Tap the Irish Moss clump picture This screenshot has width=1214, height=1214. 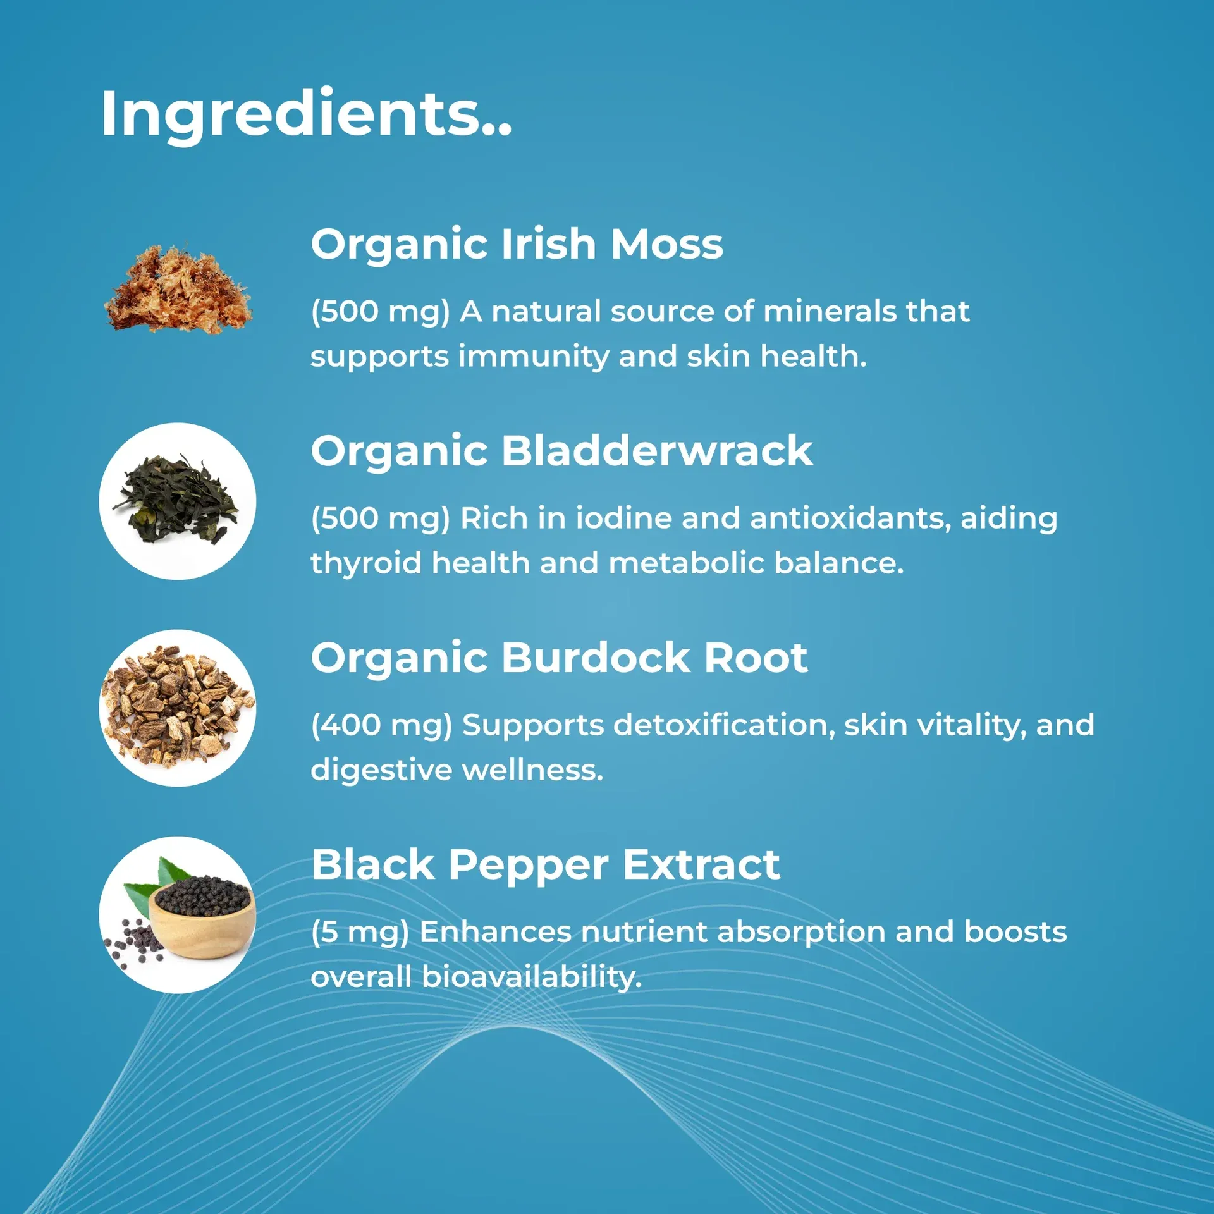tap(178, 290)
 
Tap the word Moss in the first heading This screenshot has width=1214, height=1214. tap(666, 245)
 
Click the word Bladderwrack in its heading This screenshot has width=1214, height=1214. tap(657, 451)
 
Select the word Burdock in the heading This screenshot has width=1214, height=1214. tap(595, 658)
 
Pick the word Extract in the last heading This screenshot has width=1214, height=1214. tap(701, 865)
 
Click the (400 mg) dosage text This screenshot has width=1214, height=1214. tap(381, 726)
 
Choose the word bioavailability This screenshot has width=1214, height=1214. tap(532, 978)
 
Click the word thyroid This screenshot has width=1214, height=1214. tap(366, 563)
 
